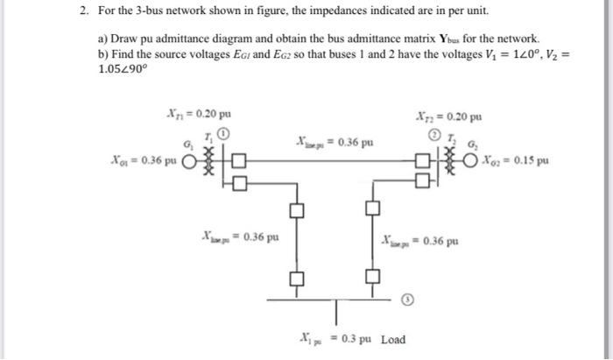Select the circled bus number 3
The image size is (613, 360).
406,299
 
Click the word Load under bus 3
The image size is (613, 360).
393,340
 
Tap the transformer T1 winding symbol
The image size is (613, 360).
208,162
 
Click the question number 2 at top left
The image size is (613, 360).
81,11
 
